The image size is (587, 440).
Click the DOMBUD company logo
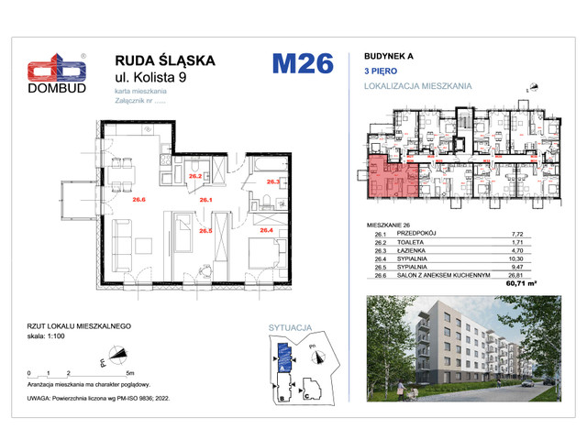click(x=58, y=71)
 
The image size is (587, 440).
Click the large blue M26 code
click(x=302, y=65)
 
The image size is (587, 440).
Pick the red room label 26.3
click(x=272, y=182)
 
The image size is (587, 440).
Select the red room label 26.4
click(x=267, y=230)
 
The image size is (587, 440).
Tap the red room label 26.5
click(x=205, y=230)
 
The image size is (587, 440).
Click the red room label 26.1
click(x=206, y=199)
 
